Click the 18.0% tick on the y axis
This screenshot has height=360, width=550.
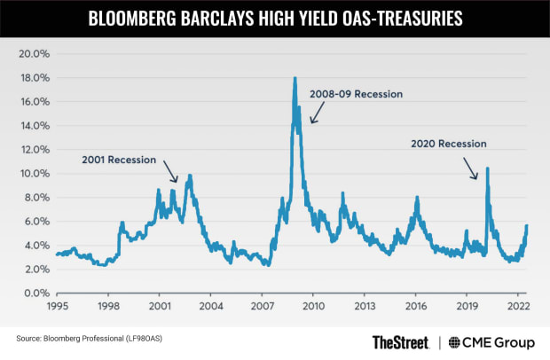(x=33, y=78)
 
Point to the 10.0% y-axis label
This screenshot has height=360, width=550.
(x=33, y=174)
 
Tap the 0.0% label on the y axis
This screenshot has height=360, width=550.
(x=35, y=293)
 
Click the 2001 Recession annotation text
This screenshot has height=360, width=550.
(x=119, y=160)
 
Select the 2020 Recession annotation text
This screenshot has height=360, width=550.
(x=449, y=143)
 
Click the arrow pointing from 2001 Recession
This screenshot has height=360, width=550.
(x=169, y=172)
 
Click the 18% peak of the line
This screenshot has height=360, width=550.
(x=295, y=79)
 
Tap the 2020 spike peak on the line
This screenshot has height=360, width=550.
(x=487, y=168)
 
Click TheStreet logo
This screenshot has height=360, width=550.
(x=399, y=341)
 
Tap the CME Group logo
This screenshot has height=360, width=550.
(x=491, y=341)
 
